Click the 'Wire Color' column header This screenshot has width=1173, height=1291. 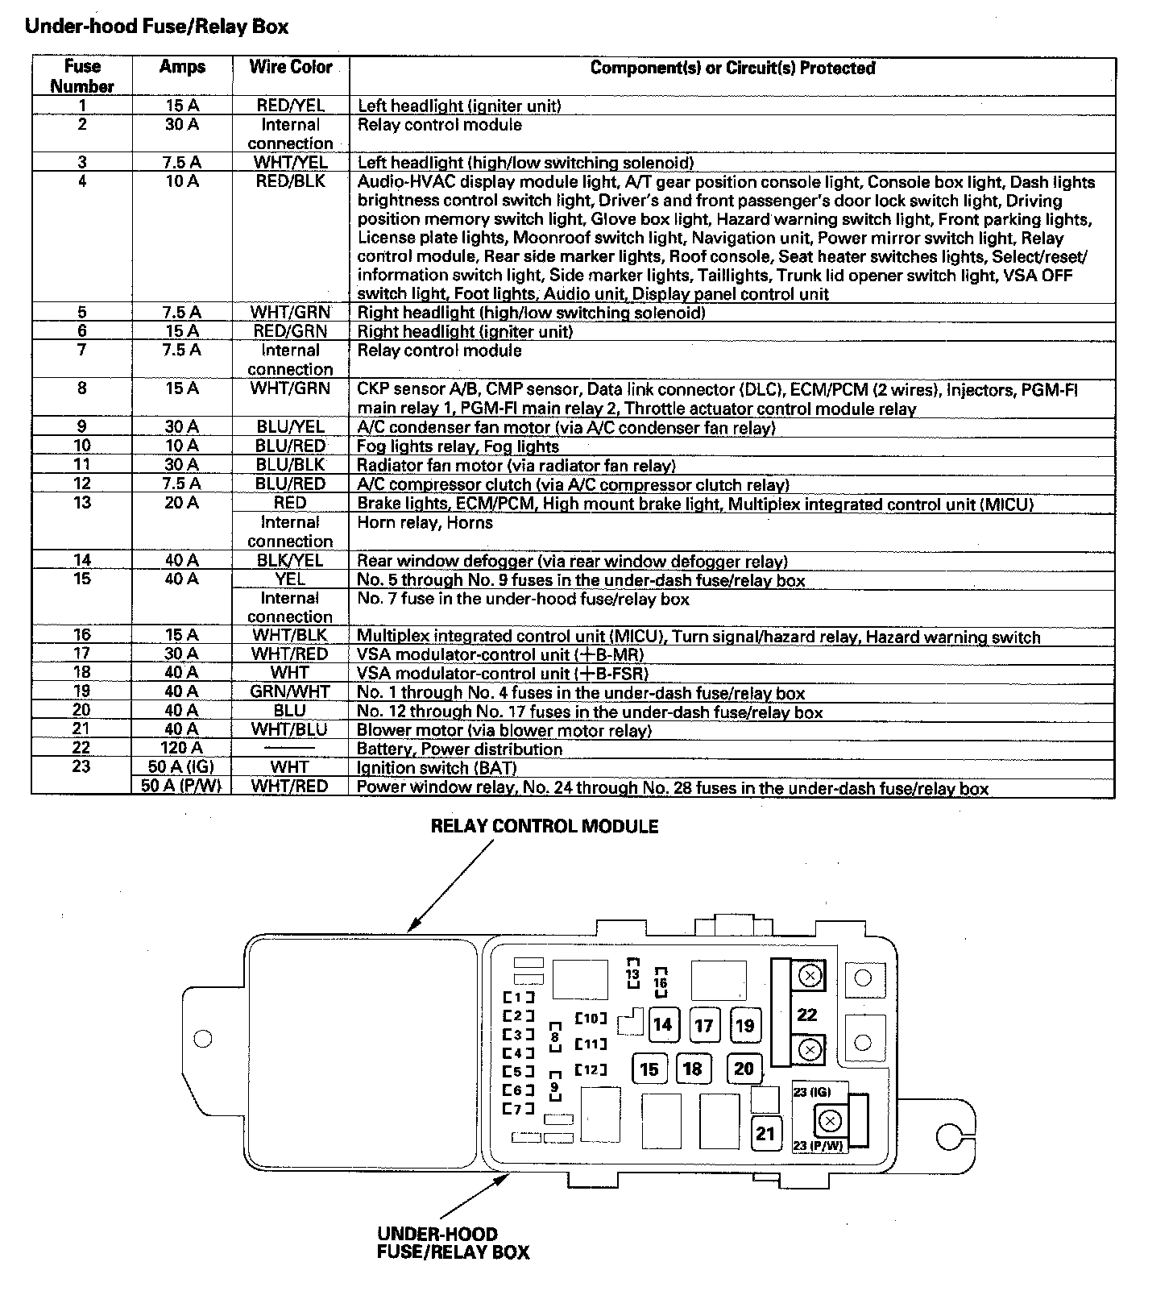[290, 68]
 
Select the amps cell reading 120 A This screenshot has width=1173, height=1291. [181, 748]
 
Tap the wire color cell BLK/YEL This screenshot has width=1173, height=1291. [290, 560]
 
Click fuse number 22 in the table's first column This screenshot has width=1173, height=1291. [81, 748]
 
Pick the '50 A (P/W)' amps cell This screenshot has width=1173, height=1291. [181, 786]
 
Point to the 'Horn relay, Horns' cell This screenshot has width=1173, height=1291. [425, 522]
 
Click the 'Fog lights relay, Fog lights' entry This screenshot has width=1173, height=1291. [458, 446]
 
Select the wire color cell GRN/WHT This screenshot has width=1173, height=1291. [290, 691]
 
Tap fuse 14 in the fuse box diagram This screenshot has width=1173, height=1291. [662, 1024]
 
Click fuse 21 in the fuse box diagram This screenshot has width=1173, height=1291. [765, 1133]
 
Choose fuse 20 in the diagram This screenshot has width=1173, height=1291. [744, 1069]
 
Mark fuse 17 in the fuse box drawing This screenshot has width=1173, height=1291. [703, 1025]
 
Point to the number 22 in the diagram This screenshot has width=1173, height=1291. [806, 1015]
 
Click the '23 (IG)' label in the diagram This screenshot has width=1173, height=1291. [811, 1092]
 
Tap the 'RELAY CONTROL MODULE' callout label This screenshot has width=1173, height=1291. [544, 826]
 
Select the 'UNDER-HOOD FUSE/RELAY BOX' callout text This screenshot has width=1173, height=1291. [453, 1243]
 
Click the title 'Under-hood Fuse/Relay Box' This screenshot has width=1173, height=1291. [156, 27]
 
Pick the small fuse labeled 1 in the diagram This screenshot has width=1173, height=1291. [518, 997]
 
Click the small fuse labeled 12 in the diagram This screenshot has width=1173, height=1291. [591, 1069]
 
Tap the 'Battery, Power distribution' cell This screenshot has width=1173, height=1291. [459, 749]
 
